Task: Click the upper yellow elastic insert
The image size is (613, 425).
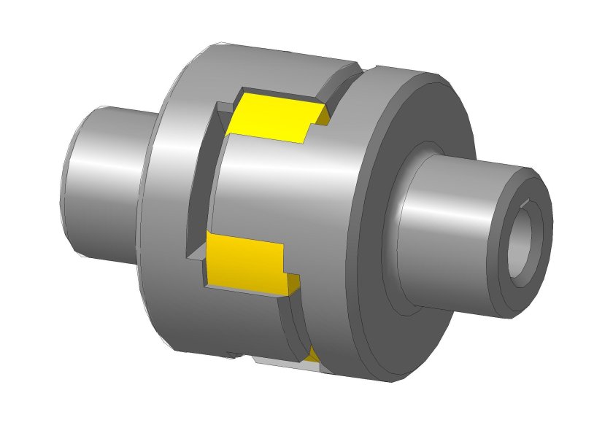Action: (274, 117)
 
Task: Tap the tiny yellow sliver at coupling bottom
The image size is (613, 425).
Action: (313, 355)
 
